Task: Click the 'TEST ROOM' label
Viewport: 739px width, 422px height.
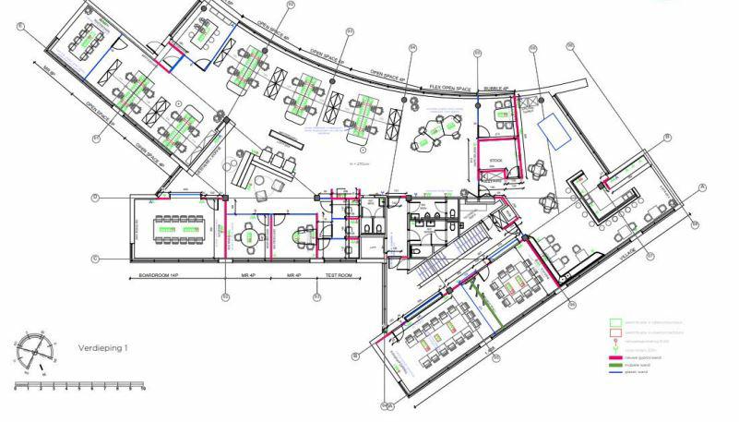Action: click(x=339, y=276)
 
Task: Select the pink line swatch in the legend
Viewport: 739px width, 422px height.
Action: click(x=614, y=356)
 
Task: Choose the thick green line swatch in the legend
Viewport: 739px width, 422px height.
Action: click(x=614, y=366)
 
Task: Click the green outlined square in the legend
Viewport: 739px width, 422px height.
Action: click(x=614, y=324)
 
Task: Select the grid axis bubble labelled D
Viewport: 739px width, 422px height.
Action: click(x=95, y=198)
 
